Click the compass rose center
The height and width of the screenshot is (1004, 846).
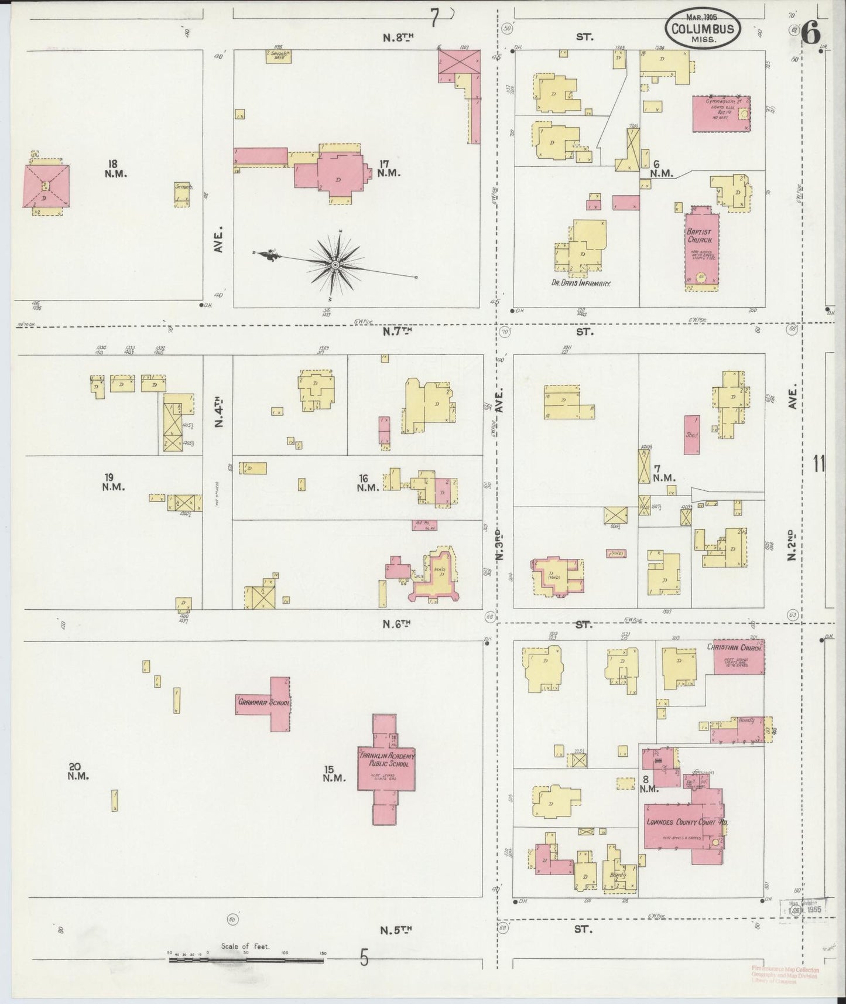point(335,265)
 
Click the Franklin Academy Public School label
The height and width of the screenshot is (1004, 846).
point(386,760)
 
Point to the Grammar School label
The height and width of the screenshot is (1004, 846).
point(264,702)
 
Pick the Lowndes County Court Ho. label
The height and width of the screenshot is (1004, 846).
point(686,822)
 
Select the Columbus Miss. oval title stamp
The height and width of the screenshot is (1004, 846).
point(702,28)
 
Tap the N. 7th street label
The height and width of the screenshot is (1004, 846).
point(399,332)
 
